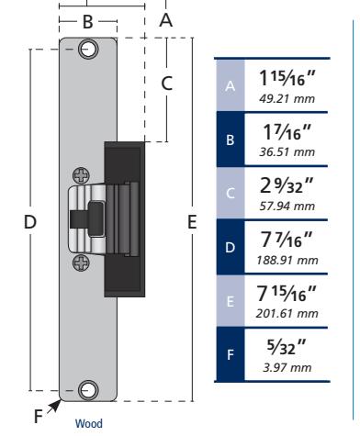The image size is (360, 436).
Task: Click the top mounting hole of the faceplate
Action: tap(88, 49)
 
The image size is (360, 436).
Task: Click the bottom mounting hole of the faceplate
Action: tap(88, 390)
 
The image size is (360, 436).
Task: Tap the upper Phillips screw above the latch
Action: tap(81, 175)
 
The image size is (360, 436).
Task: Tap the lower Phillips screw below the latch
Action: tap(81, 263)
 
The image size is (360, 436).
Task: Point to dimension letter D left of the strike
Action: tap(30, 221)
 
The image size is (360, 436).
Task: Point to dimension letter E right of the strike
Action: tap(192, 222)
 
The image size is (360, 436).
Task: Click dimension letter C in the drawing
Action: tap(167, 84)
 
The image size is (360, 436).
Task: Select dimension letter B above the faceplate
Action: tap(88, 22)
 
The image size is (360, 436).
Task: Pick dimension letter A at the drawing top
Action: tap(166, 20)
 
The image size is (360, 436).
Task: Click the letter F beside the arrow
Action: tap(38, 416)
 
